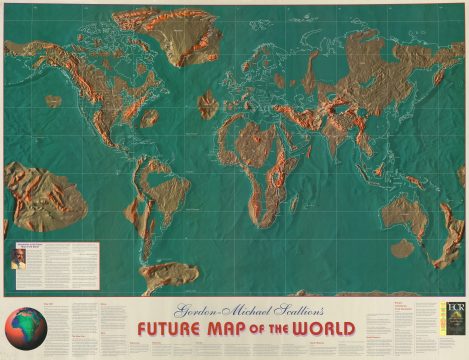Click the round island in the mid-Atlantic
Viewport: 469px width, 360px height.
tap(208, 102)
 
